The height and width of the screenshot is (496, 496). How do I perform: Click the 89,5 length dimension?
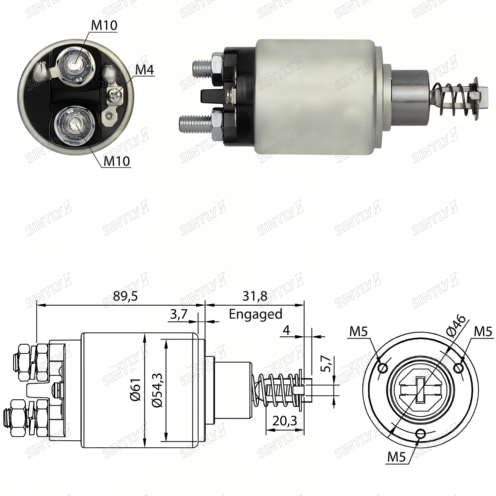[125, 296]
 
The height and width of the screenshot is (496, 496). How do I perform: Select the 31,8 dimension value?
[255, 296]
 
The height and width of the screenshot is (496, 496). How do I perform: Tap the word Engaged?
[256, 314]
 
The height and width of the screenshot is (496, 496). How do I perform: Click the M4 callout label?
[145, 70]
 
